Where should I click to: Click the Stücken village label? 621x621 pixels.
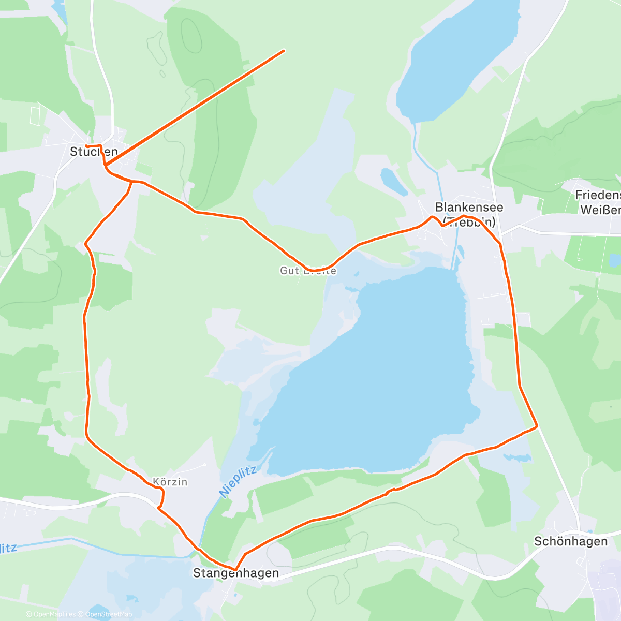tap(94, 152)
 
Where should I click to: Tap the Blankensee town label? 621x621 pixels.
tap(469, 208)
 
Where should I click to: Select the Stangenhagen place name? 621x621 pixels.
tap(236, 573)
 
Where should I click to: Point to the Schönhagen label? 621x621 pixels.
tap(571, 541)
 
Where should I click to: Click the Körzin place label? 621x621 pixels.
tap(170, 482)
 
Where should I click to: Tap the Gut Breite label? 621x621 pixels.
tap(308, 270)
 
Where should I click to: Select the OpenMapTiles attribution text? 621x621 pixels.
tap(54, 614)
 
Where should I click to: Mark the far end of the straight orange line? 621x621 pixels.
tap(284, 51)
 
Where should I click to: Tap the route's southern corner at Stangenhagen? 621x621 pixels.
tap(236, 569)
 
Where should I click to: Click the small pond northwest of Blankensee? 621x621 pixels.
tap(393, 181)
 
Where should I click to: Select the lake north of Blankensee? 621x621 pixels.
tap(455, 57)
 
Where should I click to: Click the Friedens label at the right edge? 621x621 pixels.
tap(598, 196)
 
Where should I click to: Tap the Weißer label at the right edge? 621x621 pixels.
tap(600, 210)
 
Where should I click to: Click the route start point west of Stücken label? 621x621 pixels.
tap(86, 146)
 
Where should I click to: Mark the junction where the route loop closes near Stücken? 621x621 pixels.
tap(131, 182)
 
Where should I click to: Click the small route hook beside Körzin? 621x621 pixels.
tap(162, 497)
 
